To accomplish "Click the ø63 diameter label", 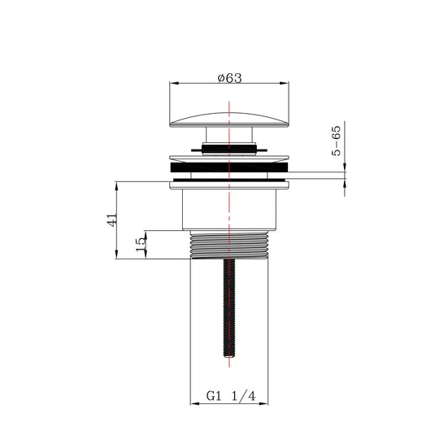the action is click(230, 78).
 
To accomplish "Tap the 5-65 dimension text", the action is click(337, 141).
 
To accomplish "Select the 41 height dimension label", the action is click(112, 220).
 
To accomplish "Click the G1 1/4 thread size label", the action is click(231, 396).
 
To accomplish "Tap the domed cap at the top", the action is click(229, 120).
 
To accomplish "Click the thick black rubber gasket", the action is click(229, 167).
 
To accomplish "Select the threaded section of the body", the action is click(229, 246).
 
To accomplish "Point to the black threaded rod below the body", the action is click(229, 307).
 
